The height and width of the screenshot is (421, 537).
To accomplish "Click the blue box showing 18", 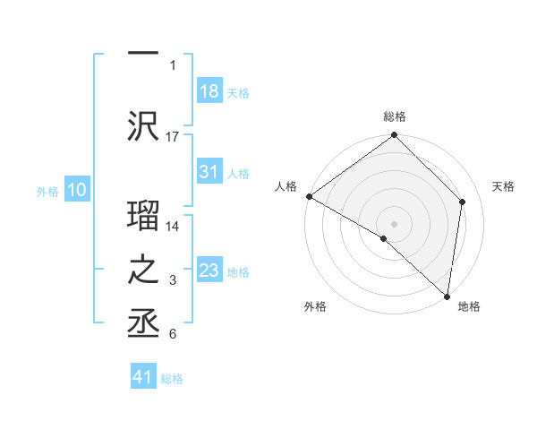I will tap(209, 91).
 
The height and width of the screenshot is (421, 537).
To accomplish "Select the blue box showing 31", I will tap(209, 172).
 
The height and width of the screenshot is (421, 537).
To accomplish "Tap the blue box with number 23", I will tap(209, 271).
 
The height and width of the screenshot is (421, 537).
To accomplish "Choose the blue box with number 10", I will tap(77, 190).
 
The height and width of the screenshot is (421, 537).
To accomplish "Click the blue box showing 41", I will tap(143, 378).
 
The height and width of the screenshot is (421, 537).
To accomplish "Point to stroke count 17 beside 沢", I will tap(173, 136).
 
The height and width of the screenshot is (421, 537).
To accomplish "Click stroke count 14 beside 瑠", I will tap(173, 226).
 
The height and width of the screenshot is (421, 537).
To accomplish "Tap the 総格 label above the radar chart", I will tap(395, 116).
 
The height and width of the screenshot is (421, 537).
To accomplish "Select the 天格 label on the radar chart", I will tap(504, 186).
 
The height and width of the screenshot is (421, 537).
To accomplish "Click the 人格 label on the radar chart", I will tap(286, 186).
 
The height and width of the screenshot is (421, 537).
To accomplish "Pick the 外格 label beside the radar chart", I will tap(315, 306).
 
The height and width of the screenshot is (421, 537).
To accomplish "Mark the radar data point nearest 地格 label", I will tap(447, 296).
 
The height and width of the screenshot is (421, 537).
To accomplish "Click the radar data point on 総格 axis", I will tap(395, 135).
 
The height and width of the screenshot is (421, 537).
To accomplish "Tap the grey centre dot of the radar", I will tap(395, 223).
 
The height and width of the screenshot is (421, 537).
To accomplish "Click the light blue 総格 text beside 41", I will tap(172, 379).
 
